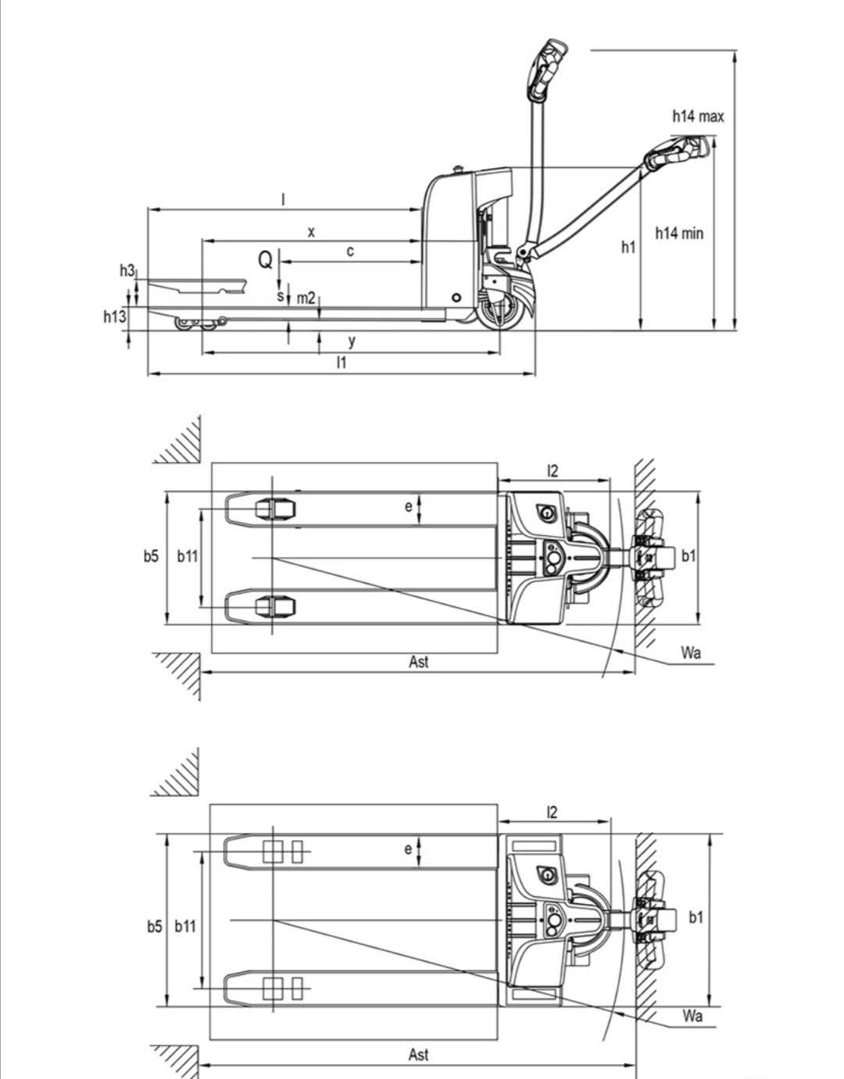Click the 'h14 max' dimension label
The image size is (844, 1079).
[698, 116]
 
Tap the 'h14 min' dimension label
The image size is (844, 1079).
[678, 233]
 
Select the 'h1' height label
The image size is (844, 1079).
[628, 247]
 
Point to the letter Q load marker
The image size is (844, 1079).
[266, 259]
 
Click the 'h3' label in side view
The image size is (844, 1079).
[127, 270]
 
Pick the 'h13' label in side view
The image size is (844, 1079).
[114, 316]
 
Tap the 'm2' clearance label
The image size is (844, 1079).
[306, 298]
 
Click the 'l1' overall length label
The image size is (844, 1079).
[341, 362]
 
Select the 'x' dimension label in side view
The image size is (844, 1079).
[311, 231]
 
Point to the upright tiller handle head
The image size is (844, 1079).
[547, 69]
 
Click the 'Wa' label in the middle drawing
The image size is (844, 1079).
[691, 653]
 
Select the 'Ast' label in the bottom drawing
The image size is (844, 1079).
[418, 1055]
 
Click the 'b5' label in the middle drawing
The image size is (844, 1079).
[151, 556]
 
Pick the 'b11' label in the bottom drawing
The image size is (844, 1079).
[185, 926]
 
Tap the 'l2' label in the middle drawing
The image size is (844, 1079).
[553, 470]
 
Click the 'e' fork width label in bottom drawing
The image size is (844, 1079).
[408, 849]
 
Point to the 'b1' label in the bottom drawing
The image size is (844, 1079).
[696, 917]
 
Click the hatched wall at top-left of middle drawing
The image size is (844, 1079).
[178, 441]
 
